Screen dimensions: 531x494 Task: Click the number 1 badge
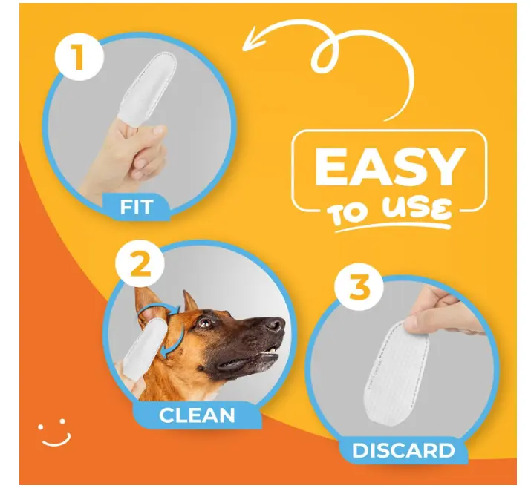[x=79, y=56]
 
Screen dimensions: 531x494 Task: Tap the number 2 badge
[x=140, y=264]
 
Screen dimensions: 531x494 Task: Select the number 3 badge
[x=359, y=287]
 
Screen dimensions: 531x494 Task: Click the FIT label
[x=137, y=207]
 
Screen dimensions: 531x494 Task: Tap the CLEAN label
[x=197, y=415]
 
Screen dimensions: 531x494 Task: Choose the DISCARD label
[x=403, y=450]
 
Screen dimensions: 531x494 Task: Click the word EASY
[x=390, y=167]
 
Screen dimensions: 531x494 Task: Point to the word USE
[x=417, y=209]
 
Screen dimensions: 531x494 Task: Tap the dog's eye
[x=205, y=322]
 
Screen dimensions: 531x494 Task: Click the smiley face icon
[x=54, y=432]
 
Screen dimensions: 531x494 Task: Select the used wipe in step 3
[x=397, y=371]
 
